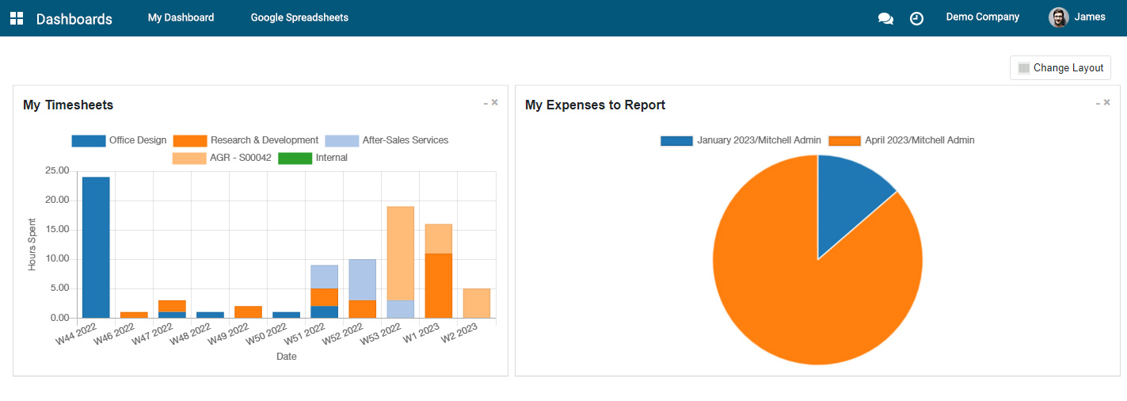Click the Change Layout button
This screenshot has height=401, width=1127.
click(1060, 68)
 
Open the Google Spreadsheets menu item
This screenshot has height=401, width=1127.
click(299, 17)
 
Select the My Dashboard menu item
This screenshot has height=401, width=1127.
click(181, 17)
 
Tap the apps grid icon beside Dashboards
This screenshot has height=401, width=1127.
click(17, 18)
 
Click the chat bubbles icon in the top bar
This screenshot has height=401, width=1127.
click(885, 18)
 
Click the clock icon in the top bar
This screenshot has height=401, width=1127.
click(916, 18)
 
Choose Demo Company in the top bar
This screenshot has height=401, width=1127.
click(982, 17)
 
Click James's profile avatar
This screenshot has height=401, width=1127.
click(1058, 17)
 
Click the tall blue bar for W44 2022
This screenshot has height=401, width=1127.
click(96, 247)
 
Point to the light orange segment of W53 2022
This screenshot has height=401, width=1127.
click(401, 254)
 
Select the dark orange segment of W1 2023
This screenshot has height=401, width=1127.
click(439, 285)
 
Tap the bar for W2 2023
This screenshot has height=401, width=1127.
click(477, 304)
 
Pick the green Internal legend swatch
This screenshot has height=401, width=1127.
click(295, 158)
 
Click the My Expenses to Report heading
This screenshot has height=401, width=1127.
click(595, 105)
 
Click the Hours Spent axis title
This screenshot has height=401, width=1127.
click(32, 244)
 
